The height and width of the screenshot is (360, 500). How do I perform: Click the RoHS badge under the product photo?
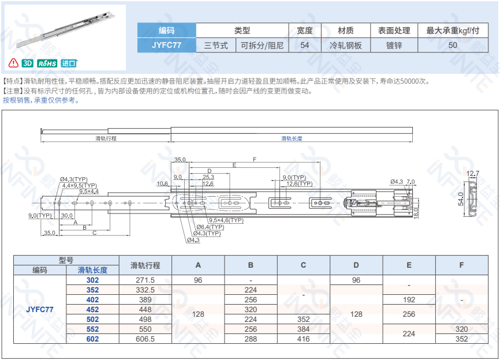pos(47,63)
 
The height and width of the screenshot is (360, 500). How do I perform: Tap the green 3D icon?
pos(27,63)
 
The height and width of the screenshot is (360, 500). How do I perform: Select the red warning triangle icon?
pos(13,63)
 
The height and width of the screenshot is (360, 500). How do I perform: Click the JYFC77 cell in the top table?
pos(166,45)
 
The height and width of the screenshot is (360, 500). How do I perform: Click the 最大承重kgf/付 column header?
pos(453,31)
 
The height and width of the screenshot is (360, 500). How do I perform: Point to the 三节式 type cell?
pos(216,45)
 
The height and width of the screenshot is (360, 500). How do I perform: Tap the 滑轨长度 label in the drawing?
pos(292,138)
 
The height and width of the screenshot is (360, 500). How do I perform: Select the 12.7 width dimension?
pos(473,174)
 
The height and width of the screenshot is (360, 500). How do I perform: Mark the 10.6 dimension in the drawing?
pos(162,184)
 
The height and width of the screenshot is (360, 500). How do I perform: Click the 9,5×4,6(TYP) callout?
pos(226,220)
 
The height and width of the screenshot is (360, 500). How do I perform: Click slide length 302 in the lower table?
pos(92,280)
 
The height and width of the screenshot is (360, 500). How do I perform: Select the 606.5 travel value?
pos(145,339)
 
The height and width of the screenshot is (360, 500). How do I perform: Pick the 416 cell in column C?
pos(303,339)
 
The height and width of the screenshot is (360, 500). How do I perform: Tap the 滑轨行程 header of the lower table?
pos(145,265)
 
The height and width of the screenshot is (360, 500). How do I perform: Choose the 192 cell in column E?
pos(409,299)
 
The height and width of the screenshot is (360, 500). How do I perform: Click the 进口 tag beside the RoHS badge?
pos(69,63)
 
